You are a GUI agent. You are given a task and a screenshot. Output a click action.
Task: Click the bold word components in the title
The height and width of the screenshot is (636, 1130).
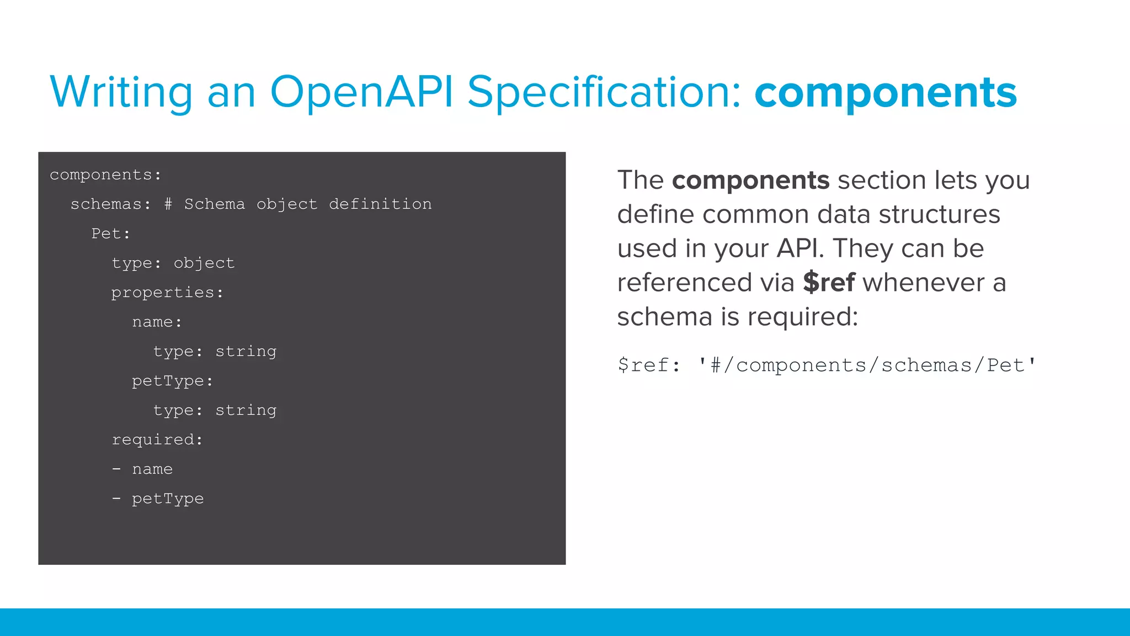point(885,93)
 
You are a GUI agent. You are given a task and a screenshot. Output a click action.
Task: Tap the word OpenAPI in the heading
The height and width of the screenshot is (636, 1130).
point(361,92)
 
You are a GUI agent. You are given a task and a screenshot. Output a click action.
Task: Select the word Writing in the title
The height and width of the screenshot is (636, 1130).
point(121,92)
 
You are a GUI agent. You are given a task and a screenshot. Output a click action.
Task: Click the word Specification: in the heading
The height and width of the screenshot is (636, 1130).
point(604,92)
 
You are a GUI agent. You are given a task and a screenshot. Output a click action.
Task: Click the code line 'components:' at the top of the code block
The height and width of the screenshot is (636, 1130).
point(105,175)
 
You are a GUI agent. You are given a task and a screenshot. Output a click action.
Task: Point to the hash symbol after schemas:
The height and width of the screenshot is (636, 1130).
point(168,204)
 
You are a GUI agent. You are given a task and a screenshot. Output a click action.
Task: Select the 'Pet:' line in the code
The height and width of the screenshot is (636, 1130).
point(111,234)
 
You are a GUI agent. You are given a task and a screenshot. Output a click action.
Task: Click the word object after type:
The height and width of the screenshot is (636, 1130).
point(204,263)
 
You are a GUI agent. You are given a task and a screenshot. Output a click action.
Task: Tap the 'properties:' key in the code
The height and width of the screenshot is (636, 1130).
point(167,293)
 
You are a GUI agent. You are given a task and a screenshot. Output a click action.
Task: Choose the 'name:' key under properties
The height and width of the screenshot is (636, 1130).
point(157,322)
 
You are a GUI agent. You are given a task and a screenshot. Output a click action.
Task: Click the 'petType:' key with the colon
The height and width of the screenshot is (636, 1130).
point(172,381)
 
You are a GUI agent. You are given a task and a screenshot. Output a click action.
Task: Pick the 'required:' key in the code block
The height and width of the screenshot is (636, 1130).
point(157,439)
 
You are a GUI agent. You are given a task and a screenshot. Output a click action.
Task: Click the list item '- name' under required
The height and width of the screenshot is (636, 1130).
point(142,469)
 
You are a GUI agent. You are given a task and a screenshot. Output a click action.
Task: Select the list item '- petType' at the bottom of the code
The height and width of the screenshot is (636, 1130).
point(158,499)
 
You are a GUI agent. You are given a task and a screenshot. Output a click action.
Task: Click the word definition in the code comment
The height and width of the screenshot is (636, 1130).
point(380,204)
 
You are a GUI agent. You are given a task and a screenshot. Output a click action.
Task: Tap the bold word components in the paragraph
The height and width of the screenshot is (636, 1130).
point(750,181)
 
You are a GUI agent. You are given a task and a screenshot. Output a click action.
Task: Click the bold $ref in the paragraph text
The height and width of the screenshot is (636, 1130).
point(829,283)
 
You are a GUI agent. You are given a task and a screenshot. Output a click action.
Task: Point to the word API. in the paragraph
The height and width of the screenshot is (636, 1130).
point(800,248)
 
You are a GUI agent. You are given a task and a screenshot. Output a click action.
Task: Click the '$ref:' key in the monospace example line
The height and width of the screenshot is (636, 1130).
point(649,365)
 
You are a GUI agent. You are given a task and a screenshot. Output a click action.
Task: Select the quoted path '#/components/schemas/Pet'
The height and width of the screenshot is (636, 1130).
point(867,365)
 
